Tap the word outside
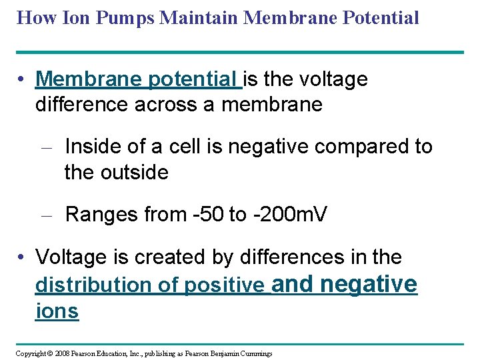tap(135, 173)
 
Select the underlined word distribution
tap(93, 285)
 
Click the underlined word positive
tap(224, 285)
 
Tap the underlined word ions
tap(57, 311)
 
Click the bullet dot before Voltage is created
tap(23, 257)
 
